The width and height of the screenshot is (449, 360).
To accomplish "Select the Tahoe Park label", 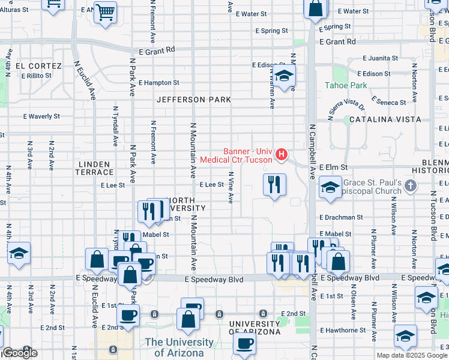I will (345, 85).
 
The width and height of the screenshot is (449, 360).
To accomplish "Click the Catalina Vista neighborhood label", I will (382, 119).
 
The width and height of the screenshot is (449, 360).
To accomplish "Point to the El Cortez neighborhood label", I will (38, 66).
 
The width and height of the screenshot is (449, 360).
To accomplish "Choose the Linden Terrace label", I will (94, 168).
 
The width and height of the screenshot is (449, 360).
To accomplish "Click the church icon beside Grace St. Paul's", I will (411, 185).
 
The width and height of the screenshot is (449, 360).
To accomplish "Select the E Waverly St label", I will (41, 116).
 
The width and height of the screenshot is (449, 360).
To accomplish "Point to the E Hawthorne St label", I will (343, 330).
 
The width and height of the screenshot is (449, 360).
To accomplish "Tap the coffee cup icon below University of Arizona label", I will (244, 344).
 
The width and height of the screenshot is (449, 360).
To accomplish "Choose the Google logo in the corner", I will (20, 353).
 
